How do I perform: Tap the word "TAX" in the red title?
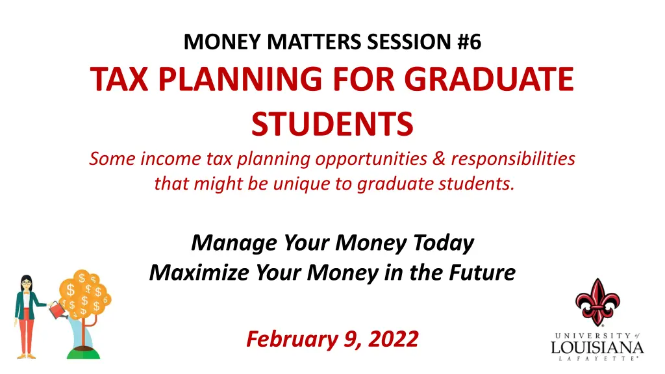119,79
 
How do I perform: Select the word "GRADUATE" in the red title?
489,79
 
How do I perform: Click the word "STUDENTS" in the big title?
332,124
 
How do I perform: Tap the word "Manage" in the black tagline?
234,243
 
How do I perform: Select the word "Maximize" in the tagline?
199,272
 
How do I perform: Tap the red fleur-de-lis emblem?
597,302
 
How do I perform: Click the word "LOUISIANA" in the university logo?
597,348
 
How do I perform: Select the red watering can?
58,310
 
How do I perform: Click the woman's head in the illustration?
26,283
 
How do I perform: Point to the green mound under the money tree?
84,353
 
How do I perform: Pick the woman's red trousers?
26,330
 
